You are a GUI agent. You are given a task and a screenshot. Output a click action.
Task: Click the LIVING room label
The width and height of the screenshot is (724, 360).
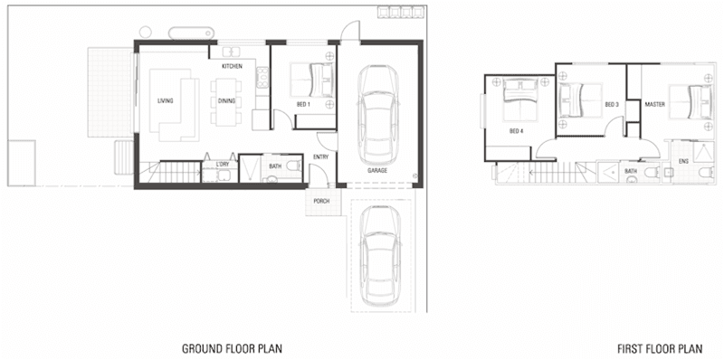165,100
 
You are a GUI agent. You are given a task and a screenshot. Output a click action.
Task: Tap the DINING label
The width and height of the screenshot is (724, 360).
226,100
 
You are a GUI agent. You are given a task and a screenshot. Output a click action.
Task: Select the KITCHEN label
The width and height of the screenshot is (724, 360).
232,67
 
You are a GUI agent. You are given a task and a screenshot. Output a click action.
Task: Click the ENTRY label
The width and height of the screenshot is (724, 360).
320,157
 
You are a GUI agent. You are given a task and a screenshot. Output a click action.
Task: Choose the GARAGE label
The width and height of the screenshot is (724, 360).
377,170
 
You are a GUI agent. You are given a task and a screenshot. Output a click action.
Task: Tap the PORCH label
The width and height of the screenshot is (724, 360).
320,201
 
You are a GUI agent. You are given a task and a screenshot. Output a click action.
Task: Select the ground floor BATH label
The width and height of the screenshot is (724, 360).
274,166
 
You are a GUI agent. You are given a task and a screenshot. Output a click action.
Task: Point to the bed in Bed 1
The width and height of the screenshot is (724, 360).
312,82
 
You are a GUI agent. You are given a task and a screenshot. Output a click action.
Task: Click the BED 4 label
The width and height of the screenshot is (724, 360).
516,130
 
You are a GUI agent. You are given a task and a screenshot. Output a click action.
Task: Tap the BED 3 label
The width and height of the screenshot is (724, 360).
612,105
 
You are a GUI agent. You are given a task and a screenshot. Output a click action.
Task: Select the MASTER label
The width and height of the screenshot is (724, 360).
656,105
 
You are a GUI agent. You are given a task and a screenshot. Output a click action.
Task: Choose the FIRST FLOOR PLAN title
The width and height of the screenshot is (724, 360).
660,347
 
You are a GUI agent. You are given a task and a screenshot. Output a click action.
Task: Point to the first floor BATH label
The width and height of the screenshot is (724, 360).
631,170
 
